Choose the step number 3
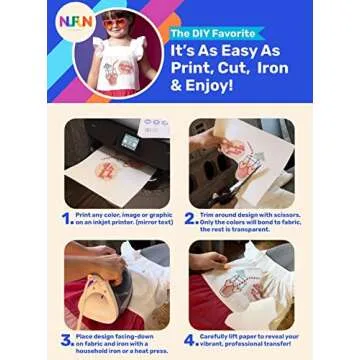pos(64,340)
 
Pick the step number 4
pos(189,340)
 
